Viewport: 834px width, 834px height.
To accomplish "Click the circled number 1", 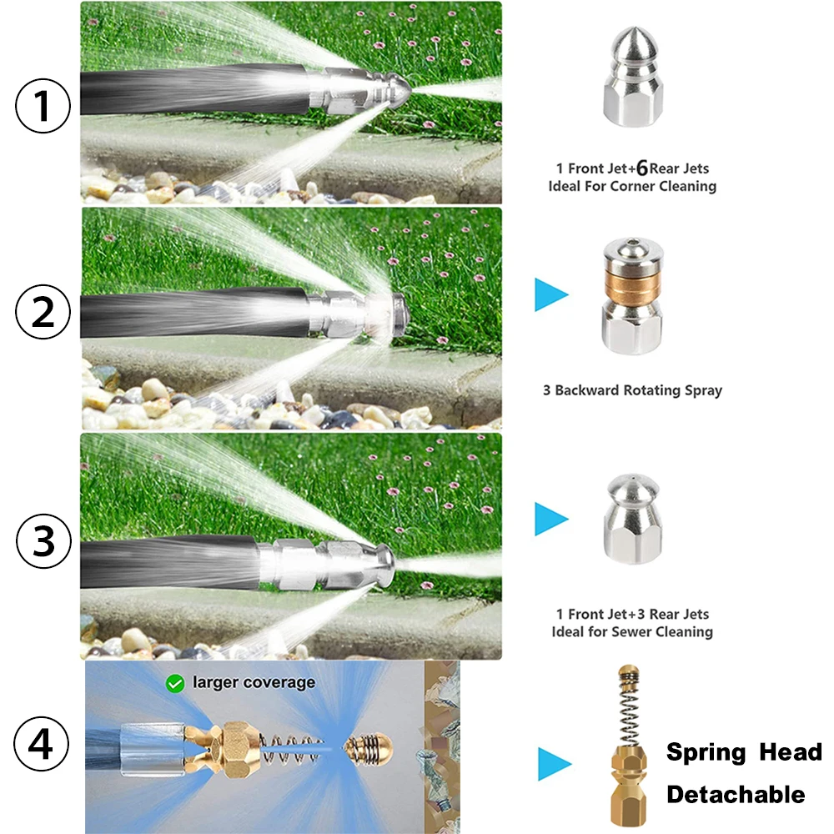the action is [x=43, y=105].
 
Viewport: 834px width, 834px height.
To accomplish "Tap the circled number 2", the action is [x=43, y=312].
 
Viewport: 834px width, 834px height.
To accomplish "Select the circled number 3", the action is [x=43, y=541].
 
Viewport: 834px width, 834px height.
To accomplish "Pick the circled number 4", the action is [x=41, y=743].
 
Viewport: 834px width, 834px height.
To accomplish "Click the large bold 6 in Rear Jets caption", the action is [x=642, y=168].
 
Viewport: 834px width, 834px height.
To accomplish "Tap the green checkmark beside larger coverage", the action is [x=175, y=684].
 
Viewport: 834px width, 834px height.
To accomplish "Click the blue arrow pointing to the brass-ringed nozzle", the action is [x=551, y=294].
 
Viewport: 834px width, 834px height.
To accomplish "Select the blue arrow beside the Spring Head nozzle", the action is [x=555, y=764].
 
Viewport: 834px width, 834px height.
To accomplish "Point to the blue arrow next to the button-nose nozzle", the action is [x=551, y=519].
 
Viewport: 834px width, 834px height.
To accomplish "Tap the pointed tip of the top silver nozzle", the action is [x=633, y=28].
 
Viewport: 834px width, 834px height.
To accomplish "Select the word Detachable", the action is [x=736, y=794].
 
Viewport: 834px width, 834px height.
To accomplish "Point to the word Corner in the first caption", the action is [x=632, y=186].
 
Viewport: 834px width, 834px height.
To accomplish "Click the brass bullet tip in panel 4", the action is [x=369, y=750].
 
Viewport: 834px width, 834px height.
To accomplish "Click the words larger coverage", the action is [x=254, y=682].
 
